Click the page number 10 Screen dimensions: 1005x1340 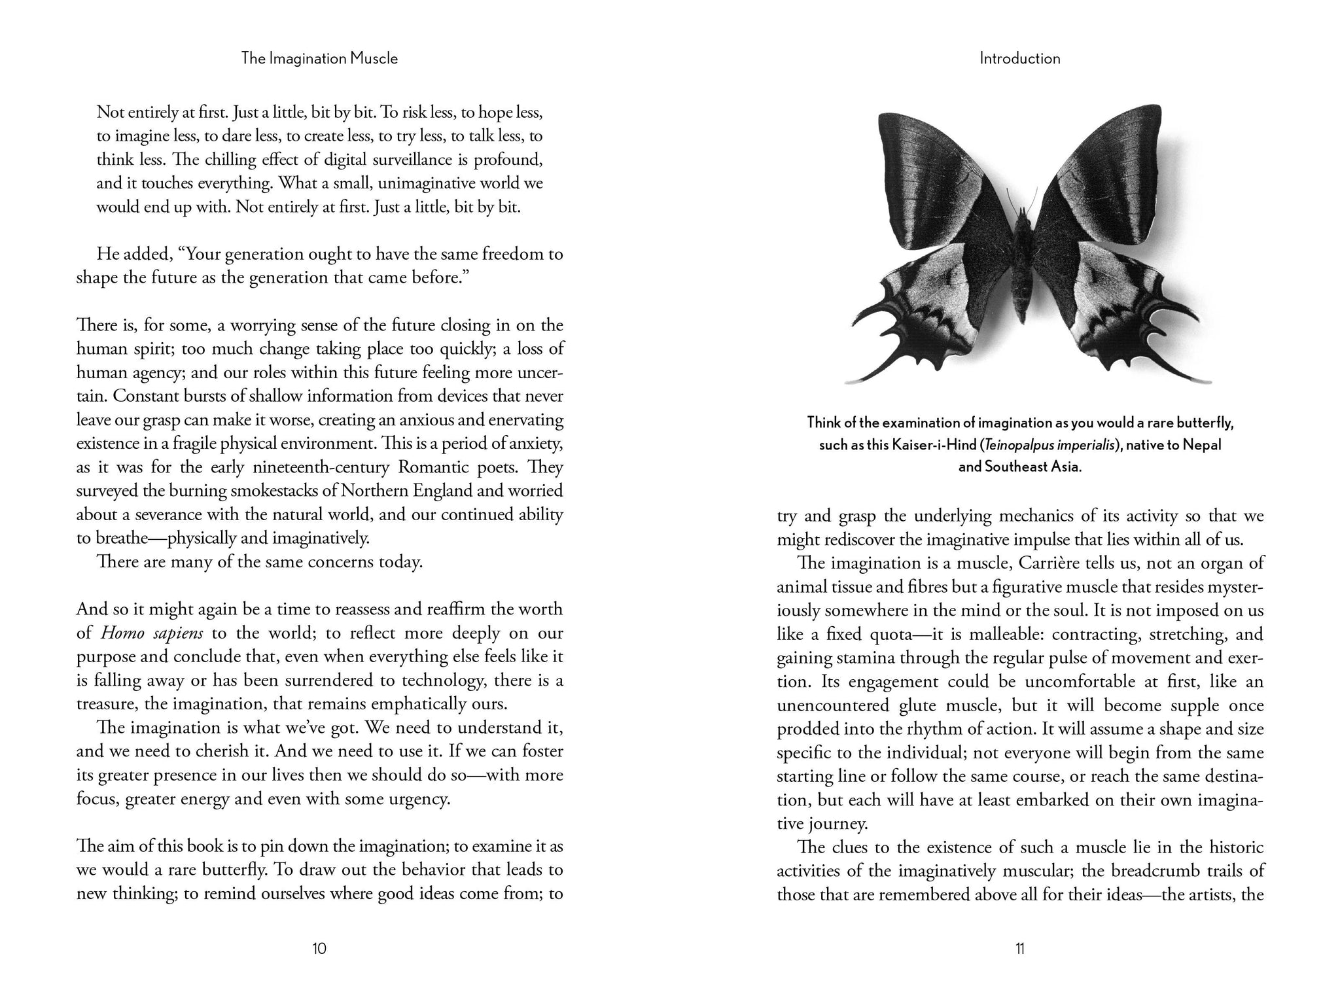pos(319,948)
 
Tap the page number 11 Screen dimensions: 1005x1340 pos(1019,948)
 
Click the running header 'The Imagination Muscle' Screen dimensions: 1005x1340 pos(319,58)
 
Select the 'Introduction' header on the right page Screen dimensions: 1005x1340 pos(1019,58)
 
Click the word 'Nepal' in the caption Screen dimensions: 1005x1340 pos(1203,446)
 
